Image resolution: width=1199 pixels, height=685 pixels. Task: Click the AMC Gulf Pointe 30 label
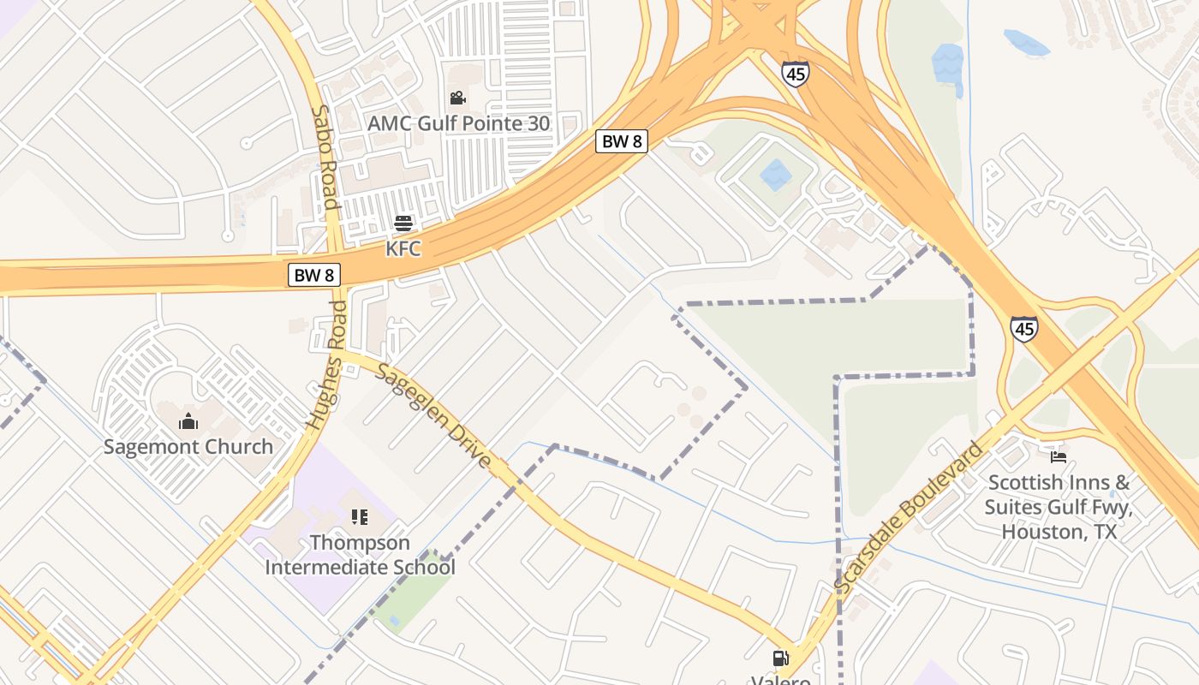tap(458, 123)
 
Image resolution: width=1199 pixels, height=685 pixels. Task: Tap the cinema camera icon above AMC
tap(458, 98)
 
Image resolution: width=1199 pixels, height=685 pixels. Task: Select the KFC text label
tap(403, 248)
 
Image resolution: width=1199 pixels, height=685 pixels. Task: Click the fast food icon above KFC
tap(403, 224)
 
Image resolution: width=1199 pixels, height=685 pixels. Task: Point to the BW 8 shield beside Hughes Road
tap(313, 275)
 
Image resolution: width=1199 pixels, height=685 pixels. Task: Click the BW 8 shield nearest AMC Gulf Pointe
tap(621, 141)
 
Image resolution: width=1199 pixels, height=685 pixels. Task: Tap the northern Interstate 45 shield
tap(795, 74)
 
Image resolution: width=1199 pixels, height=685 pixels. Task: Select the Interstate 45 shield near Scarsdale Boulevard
tap(1023, 329)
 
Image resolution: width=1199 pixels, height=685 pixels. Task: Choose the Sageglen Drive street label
tap(434, 417)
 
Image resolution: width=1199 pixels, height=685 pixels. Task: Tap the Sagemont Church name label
tap(188, 446)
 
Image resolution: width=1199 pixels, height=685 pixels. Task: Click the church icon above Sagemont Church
tap(188, 421)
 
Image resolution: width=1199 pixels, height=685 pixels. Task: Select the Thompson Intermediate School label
tap(360, 555)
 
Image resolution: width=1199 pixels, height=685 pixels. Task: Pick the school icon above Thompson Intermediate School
tap(360, 517)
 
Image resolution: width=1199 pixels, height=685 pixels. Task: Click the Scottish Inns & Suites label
tap(1059, 507)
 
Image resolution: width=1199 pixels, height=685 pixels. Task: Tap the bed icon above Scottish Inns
tap(1059, 457)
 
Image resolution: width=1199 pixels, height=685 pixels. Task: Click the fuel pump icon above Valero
tap(781, 658)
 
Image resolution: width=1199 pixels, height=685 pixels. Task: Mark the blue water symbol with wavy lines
tap(947, 63)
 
